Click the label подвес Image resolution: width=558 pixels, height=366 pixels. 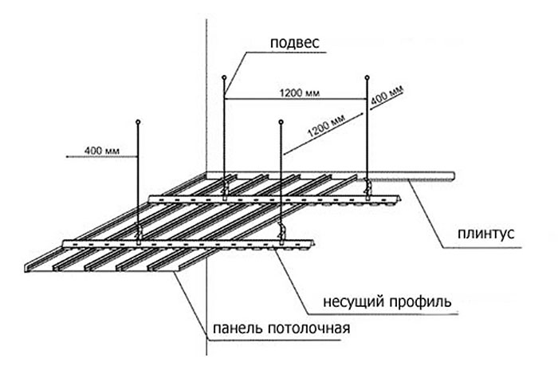click(x=292, y=42)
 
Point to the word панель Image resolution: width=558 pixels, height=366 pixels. click(x=238, y=329)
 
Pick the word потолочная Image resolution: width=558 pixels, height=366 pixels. click(x=311, y=329)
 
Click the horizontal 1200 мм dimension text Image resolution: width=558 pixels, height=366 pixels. click(x=299, y=92)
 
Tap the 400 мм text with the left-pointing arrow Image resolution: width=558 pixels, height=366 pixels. click(x=96, y=149)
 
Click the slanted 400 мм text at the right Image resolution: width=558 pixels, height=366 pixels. click(x=387, y=97)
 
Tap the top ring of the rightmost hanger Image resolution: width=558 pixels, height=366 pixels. click(x=367, y=77)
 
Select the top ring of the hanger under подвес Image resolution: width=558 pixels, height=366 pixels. click(x=224, y=78)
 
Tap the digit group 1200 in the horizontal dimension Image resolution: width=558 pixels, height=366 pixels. click(x=292, y=92)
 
